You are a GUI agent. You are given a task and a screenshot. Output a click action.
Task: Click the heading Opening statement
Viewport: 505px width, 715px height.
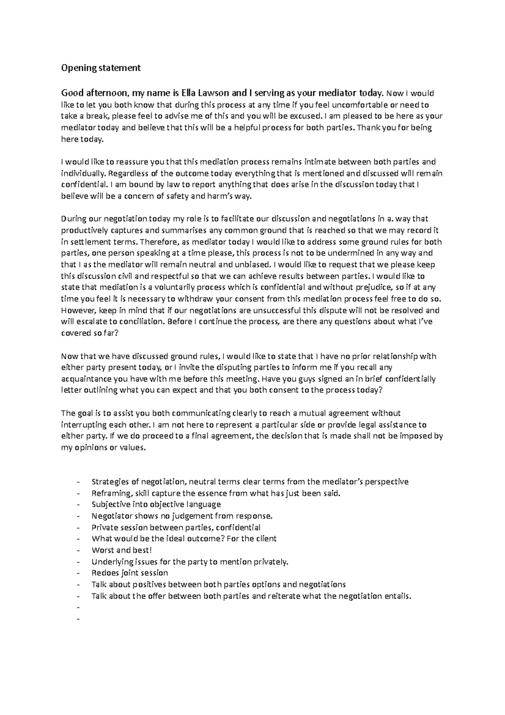[x=101, y=68]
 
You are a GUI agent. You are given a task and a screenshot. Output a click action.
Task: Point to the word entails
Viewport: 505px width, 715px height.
[x=396, y=596]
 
